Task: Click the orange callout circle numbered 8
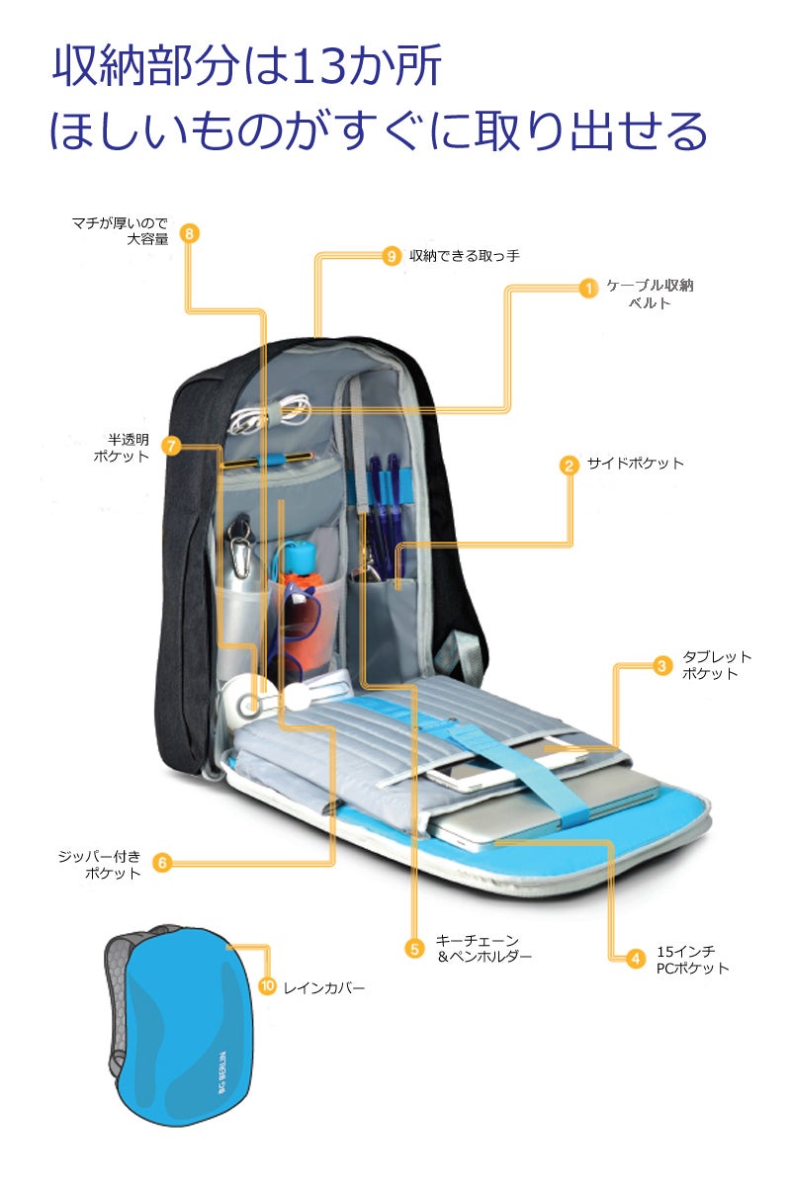coord(189,233)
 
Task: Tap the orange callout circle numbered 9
coord(391,256)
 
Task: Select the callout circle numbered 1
coord(588,288)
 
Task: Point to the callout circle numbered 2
coord(569,466)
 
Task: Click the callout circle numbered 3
coord(661,665)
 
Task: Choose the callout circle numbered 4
coord(635,959)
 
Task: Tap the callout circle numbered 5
coord(415,948)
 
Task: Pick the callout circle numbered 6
coord(163,863)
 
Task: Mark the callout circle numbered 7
coord(171,446)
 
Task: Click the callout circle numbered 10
coord(268,985)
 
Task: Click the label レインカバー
coord(324,988)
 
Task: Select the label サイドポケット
coord(635,464)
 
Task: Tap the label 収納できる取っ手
coord(465,256)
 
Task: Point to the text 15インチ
coord(685,952)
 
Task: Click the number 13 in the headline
coord(319,65)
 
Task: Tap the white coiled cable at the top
coord(269,413)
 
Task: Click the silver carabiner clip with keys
coord(241,547)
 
